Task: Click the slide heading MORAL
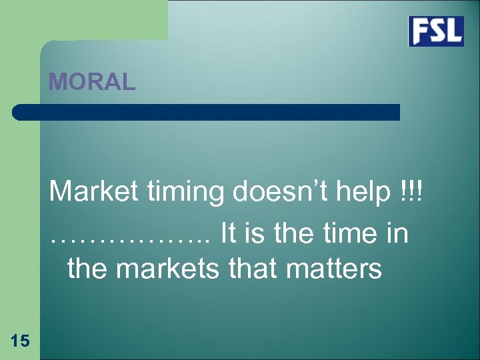92,82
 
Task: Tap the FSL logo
436,31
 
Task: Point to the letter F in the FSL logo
420,31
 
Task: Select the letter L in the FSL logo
453,31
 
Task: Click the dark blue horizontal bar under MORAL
206,112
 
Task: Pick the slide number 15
20,341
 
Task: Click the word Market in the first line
90,193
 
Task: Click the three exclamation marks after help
411,193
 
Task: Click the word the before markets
87,269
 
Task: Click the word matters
335,269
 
